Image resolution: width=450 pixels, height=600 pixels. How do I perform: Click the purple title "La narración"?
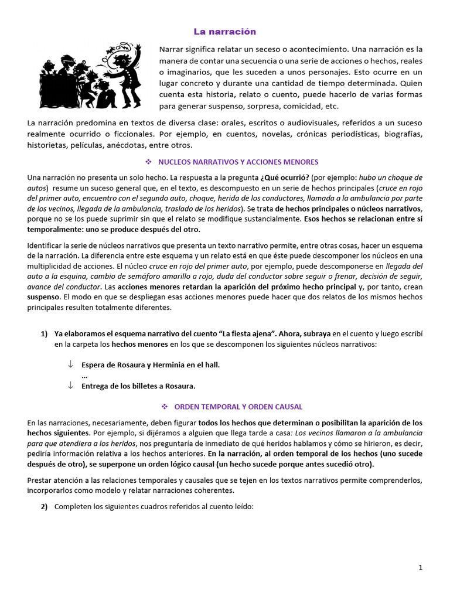(x=225, y=31)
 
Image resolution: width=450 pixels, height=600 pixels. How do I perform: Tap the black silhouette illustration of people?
(x=91, y=75)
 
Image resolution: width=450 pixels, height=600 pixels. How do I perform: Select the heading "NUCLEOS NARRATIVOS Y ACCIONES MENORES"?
(x=238, y=162)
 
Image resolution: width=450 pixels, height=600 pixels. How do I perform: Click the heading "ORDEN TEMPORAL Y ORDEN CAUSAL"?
(x=238, y=407)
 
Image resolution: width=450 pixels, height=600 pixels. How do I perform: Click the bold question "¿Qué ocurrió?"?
(x=285, y=177)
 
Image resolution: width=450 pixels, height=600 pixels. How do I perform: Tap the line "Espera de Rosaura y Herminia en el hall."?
(x=151, y=365)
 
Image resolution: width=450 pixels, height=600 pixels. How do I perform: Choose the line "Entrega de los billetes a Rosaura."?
(x=138, y=386)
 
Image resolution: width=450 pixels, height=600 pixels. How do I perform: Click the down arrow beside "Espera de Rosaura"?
(x=70, y=365)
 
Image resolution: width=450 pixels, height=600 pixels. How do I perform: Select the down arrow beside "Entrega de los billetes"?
(x=70, y=386)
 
